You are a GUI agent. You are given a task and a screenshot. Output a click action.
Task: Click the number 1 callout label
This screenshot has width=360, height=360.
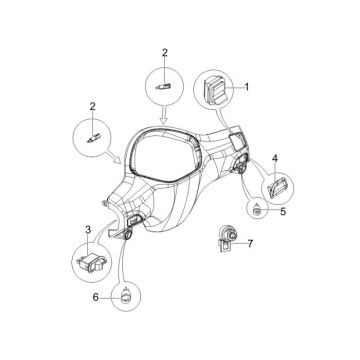pos(248,87)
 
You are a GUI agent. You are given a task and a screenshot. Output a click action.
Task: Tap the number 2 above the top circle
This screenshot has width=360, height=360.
pos(166,51)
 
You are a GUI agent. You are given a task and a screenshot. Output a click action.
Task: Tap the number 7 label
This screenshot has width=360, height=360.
pos(251,243)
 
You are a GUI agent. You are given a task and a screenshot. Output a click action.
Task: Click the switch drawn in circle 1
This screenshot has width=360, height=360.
pos(215,88)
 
